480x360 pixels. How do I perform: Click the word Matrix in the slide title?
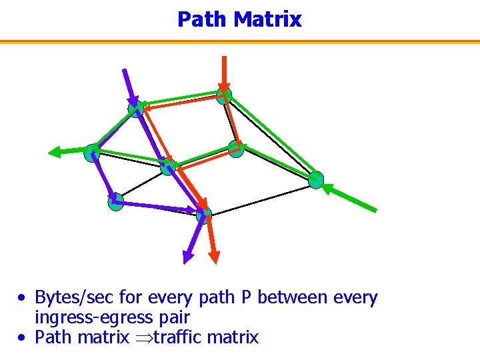click(x=268, y=19)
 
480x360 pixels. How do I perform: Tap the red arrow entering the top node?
click(x=225, y=72)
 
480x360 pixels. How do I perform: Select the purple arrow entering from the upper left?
click(x=129, y=85)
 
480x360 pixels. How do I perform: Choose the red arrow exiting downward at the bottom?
click(x=211, y=240)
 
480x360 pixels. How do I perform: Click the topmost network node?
click(x=225, y=95)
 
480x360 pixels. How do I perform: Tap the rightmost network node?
click(x=316, y=179)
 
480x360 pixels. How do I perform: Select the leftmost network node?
click(x=91, y=153)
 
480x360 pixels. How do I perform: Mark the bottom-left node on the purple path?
click(x=115, y=201)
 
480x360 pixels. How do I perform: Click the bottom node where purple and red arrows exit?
click(x=204, y=214)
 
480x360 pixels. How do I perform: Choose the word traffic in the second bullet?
click(x=177, y=337)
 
